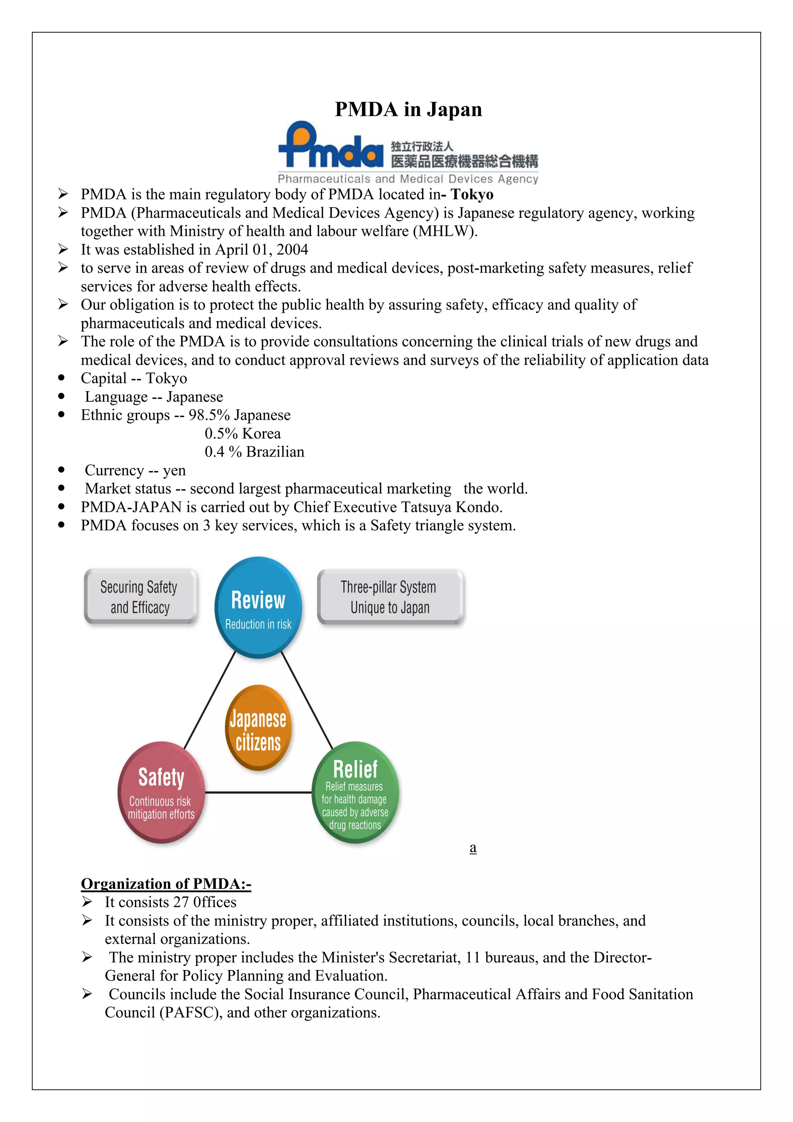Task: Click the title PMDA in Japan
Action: pyautogui.click(x=408, y=110)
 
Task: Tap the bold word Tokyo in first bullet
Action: pyautogui.click(x=472, y=194)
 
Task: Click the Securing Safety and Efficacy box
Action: pyautogui.click(x=140, y=597)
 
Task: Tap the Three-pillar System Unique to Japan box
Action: pyautogui.click(x=390, y=597)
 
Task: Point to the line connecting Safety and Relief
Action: pyautogui.click(x=258, y=792)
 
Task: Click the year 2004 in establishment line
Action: pyautogui.click(x=292, y=250)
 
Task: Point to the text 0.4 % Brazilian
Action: pyautogui.click(x=254, y=452)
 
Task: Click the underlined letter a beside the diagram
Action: pyautogui.click(x=472, y=848)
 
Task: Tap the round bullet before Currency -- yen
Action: pyautogui.click(x=61, y=470)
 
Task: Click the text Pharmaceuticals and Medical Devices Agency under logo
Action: pyautogui.click(x=408, y=179)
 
